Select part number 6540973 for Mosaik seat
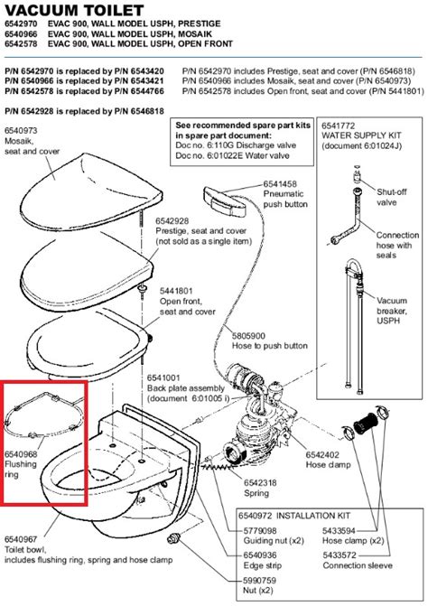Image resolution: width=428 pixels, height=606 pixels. click(x=23, y=131)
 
